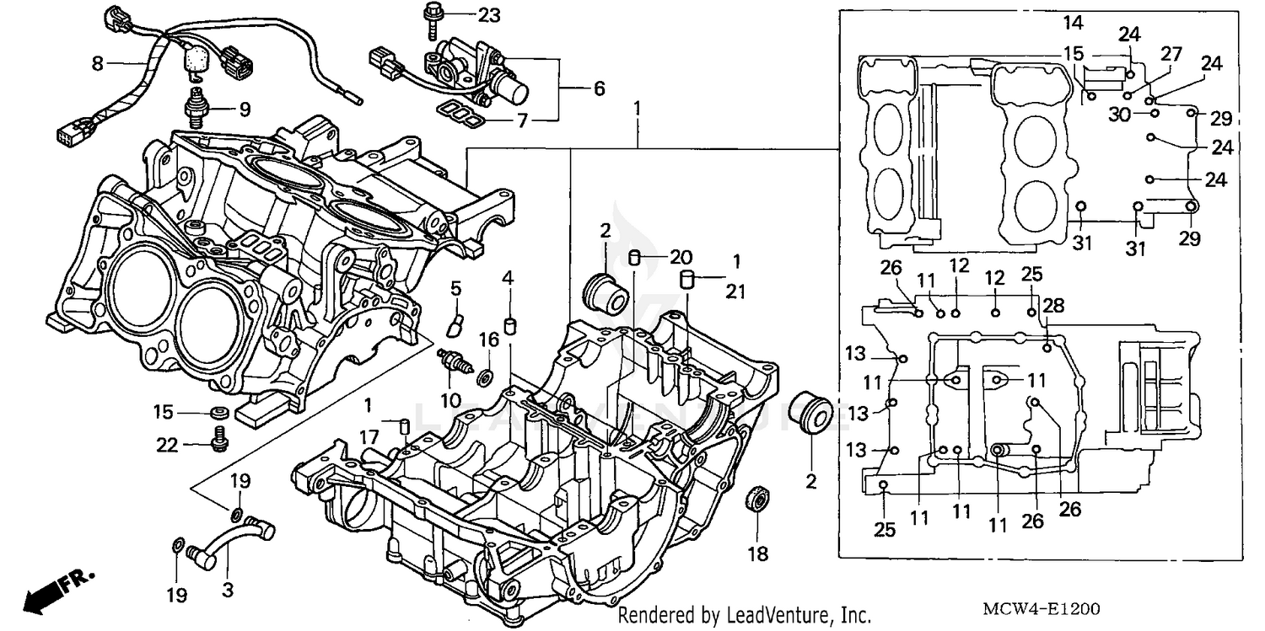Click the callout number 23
[488, 14]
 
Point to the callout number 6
[599, 88]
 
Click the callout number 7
[522, 120]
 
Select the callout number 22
[167, 444]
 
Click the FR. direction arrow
[59, 591]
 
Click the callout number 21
[736, 291]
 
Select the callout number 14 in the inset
[1073, 23]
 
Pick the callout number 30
[1119, 115]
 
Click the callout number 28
[1053, 304]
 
